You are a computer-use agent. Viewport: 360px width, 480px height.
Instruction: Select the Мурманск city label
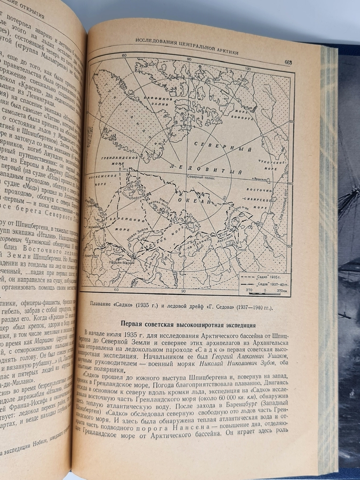(x=94, y=228)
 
